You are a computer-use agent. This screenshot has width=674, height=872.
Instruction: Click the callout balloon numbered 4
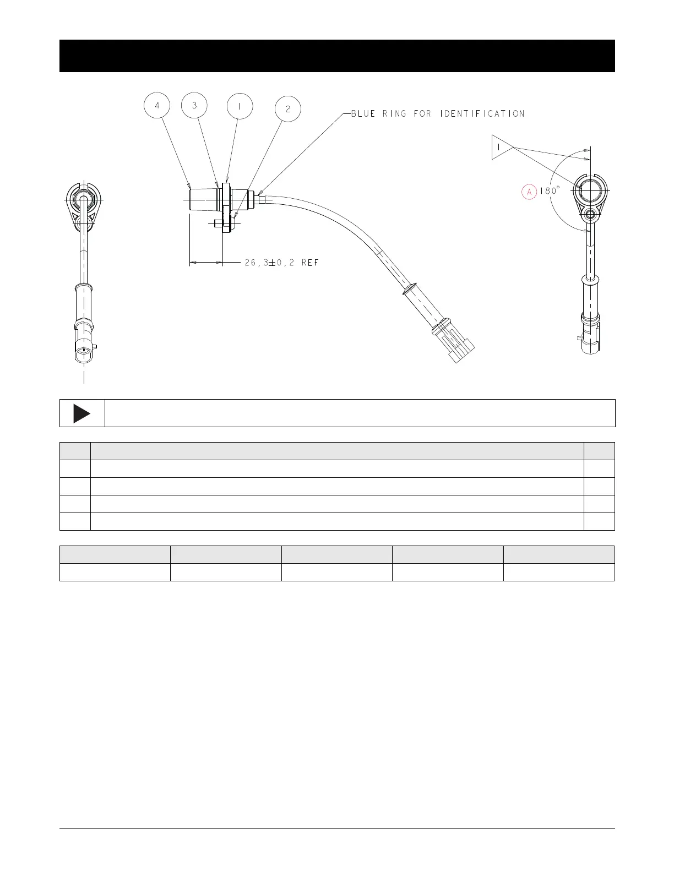click(x=157, y=106)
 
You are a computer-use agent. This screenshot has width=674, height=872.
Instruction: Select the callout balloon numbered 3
click(x=194, y=105)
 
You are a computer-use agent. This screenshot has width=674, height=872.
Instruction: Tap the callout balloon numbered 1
click(x=240, y=107)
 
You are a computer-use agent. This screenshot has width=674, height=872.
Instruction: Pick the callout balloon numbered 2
click(x=288, y=109)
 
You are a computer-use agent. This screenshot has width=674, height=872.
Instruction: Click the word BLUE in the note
click(x=363, y=114)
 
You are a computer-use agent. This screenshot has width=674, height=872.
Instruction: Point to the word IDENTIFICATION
click(x=482, y=114)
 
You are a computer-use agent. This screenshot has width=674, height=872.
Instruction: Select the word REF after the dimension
click(x=310, y=263)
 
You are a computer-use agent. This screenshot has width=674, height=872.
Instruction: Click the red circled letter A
click(x=529, y=192)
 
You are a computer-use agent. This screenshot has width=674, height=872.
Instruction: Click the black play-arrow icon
click(x=81, y=413)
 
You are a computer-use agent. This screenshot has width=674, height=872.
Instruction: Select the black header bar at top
click(x=337, y=56)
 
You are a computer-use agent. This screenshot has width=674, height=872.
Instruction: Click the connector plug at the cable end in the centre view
click(x=455, y=341)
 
